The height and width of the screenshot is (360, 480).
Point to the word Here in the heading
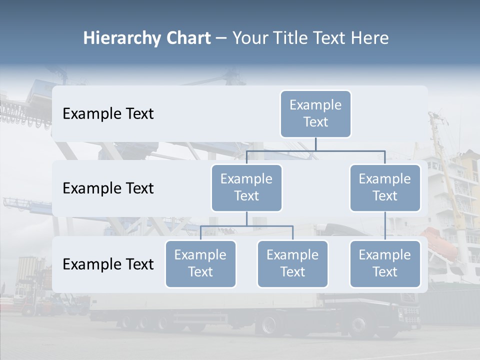tap(370, 38)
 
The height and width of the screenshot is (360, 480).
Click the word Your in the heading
tap(251, 38)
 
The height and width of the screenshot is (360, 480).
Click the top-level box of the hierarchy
tap(315, 113)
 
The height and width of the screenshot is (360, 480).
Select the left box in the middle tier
tap(246, 187)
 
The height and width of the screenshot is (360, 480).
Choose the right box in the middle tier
tap(385, 187)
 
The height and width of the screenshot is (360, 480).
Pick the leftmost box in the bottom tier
tap(200, 263)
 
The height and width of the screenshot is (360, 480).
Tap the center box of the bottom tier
tap(292, 263)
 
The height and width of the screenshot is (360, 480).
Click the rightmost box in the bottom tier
tap(385, 263)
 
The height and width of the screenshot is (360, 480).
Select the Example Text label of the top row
tap(108, 114)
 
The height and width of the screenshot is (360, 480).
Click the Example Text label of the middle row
tap(108, 188)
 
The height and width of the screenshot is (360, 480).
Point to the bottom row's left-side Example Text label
tap(108, 264)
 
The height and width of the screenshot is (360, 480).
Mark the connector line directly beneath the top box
tap(315, 144)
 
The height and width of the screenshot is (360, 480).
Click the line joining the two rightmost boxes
tap(385, 226)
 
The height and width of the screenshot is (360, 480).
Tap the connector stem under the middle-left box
tap(246, 218)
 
